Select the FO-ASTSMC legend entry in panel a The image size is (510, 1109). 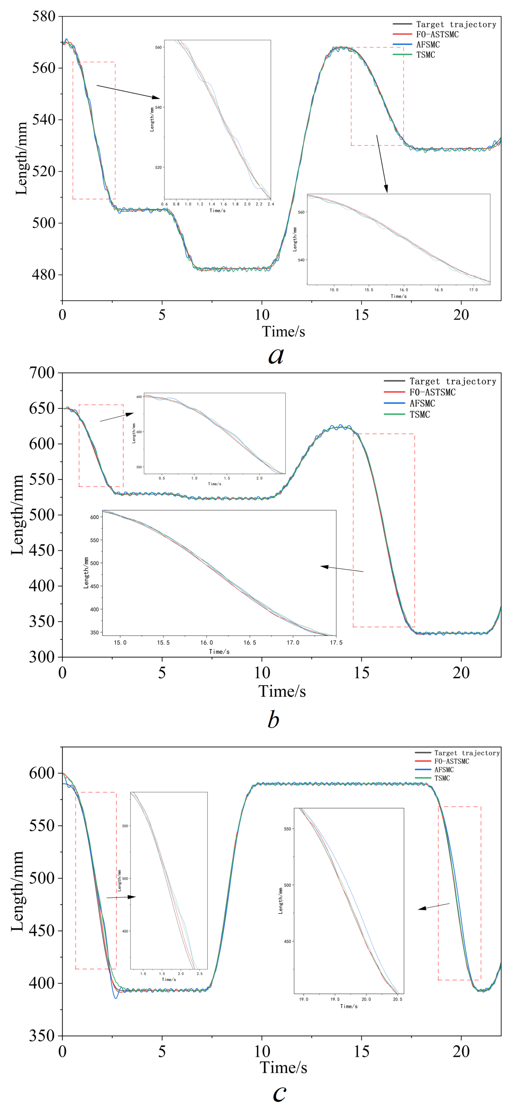click(437, 34)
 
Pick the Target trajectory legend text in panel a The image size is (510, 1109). click(456, 25)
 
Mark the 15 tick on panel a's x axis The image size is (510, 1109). click(361, 315)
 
